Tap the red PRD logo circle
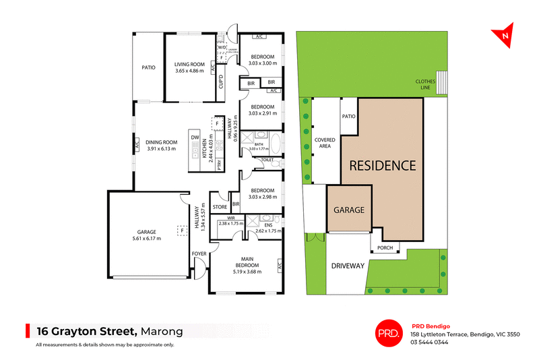(x=388, y=332)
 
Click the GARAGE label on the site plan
(x=350, y=210)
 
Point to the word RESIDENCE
(x=382, y=165)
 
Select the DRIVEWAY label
(x=348, y=266)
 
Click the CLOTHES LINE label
(x=425, y=85)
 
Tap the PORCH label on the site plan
(x=385, y=247)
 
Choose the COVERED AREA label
(x=325, y=142)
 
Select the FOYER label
(x=199, y=253)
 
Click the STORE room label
(x=220, y=207)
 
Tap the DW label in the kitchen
(x=195, y=138)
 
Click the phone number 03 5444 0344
(x=429, y=342)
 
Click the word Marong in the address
(x=162, y=330)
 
